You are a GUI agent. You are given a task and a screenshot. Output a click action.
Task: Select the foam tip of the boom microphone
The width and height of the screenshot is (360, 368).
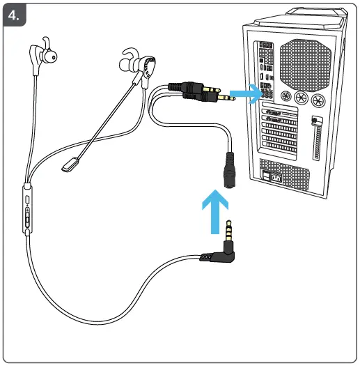[70, 164]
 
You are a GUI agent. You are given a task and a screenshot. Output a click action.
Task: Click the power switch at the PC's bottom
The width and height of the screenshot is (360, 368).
[270, 177]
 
